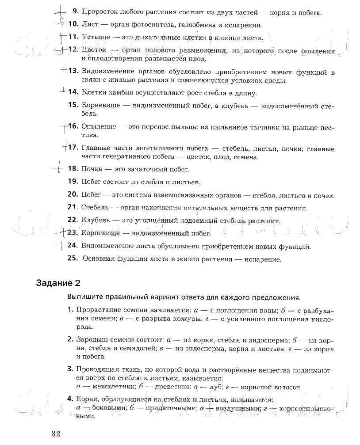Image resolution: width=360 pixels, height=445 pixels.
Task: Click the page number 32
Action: click(55, 433)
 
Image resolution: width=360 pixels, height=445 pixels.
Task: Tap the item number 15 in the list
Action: click(73, 105)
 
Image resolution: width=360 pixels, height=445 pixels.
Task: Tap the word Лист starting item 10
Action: click(89, 25)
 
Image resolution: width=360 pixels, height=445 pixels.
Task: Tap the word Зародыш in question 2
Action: click(92, 340)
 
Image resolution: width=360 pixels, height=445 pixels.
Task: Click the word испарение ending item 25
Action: click(262, 259)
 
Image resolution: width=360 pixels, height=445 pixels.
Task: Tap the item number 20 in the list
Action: click(73, 195)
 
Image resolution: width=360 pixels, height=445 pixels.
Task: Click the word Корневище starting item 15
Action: click(100, 105)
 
